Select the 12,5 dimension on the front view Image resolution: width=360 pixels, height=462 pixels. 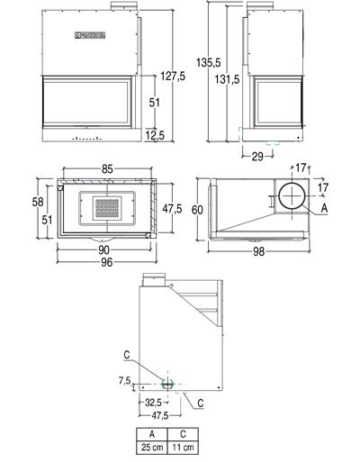pyautogui.click(x=155, y=135)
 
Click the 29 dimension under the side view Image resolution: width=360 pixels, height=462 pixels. pyautogui.click(x=257, y=157)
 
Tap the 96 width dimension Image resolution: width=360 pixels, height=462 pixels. pyautogui.click(x=104, y=265)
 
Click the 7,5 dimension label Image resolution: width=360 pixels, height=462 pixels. pyautogui.click(x=126, y=381)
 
